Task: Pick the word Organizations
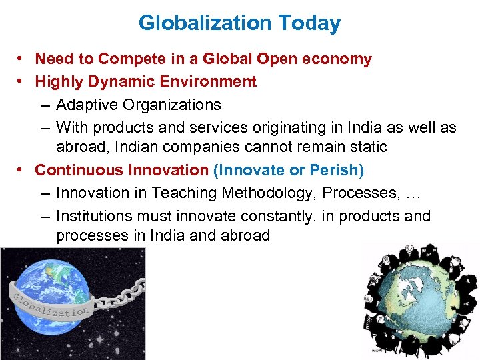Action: [172, 105]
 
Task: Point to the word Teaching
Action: [185, 193]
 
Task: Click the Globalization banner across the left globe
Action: [50, 303]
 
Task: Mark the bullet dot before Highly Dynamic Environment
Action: [22, 82]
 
